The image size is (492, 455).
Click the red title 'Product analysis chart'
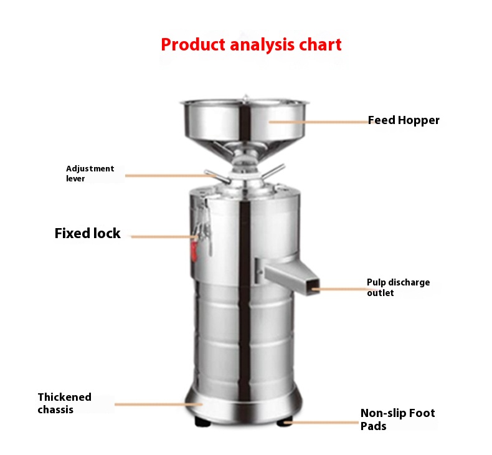[x=251, y=45]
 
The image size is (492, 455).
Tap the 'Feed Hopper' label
[x=404, y=120]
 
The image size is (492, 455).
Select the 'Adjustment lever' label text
[x=90, y=173]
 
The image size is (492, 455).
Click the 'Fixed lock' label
[x=88, y=233]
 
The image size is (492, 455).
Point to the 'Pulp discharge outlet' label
[x=398, y=287]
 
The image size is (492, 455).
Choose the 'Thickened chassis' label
[x=65, y=403]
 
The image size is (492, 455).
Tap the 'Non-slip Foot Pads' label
[x=397, y=419]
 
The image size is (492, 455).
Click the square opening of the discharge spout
[x=313, y=287]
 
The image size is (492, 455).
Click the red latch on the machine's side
[x=194, y=250]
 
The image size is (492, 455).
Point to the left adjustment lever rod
[x=217, y=176]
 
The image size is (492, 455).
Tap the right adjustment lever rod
[x=273, y=171]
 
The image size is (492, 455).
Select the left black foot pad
[x=202, y=421]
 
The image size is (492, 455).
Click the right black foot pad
[x=285, y=421]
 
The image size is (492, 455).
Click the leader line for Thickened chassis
[x=158, y=404]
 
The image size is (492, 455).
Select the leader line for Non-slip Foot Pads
[x=321, y=423]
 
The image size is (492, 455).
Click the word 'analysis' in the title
[x=262, y=45]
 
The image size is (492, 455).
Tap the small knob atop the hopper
[x=245, y=97]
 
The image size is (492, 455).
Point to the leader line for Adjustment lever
[x=170, y=176]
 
